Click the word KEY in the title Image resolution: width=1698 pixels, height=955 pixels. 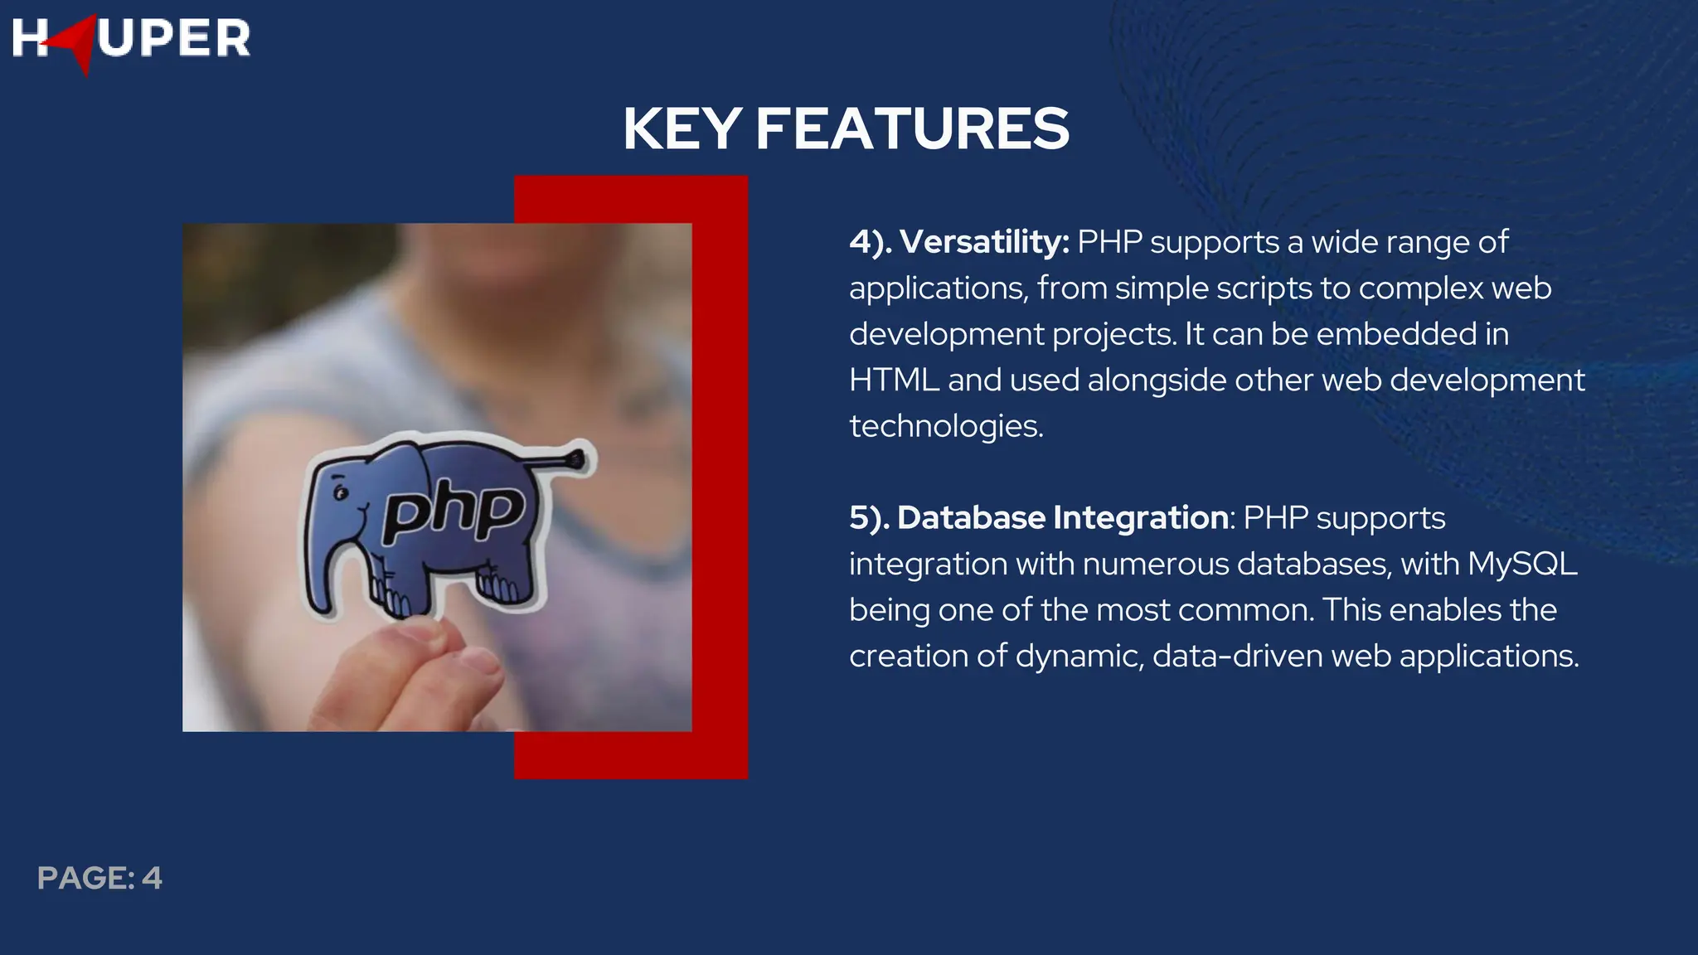pyautogui.click(x=682, y=129)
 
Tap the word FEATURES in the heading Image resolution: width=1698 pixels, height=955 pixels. pyautogui.click(x=912, y=129)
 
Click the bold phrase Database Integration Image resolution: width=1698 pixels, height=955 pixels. pyautogui.click(x=1062, y=518)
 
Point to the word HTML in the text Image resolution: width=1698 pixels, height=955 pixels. pyautogui.click(x=894, y=381)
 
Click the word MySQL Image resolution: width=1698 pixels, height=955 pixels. pyautogui.click(x=1522, y=564)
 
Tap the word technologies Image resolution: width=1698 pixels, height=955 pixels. pyautogui.click(x=945, y=426)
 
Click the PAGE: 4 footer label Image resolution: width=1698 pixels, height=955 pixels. pyautogui.click(x=99, y=878)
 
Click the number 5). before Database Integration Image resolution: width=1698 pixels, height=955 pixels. pyautogui.click(x=868, y=518)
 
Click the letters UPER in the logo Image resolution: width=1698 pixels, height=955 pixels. pyautogui.click(x=174, y=39)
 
